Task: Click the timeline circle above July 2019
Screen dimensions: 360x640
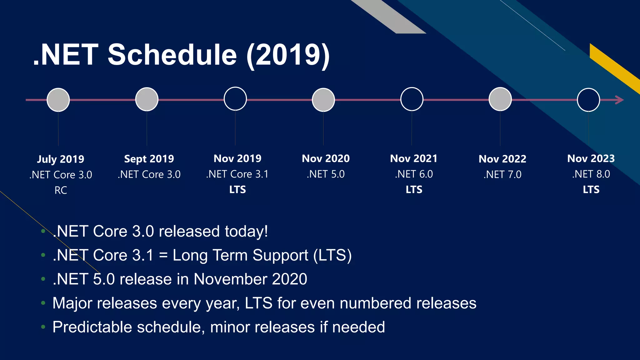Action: click(58, 100)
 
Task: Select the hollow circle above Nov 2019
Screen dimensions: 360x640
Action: click(235, 99)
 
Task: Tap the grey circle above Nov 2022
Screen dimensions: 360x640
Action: click(500, 99)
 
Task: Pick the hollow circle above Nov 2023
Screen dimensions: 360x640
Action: click(588, 100)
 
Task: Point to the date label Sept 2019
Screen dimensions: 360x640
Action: click(149, 159)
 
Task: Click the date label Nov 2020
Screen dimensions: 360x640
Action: click(326, 158)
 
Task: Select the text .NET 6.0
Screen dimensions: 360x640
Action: click(414, 174)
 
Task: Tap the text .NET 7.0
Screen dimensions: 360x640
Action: click(502, 174)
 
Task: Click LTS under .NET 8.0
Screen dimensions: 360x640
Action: click(591, 189)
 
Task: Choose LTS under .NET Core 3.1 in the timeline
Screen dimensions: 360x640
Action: click(237, 189)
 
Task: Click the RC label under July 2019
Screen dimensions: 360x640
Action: click(61, 190)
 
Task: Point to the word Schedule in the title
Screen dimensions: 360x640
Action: click(172, 55)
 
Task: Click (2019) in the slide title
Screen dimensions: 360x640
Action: click(288, 55)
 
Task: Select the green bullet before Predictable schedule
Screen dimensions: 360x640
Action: click(43, 327)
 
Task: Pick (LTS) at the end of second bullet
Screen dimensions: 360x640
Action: click(332, 255)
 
